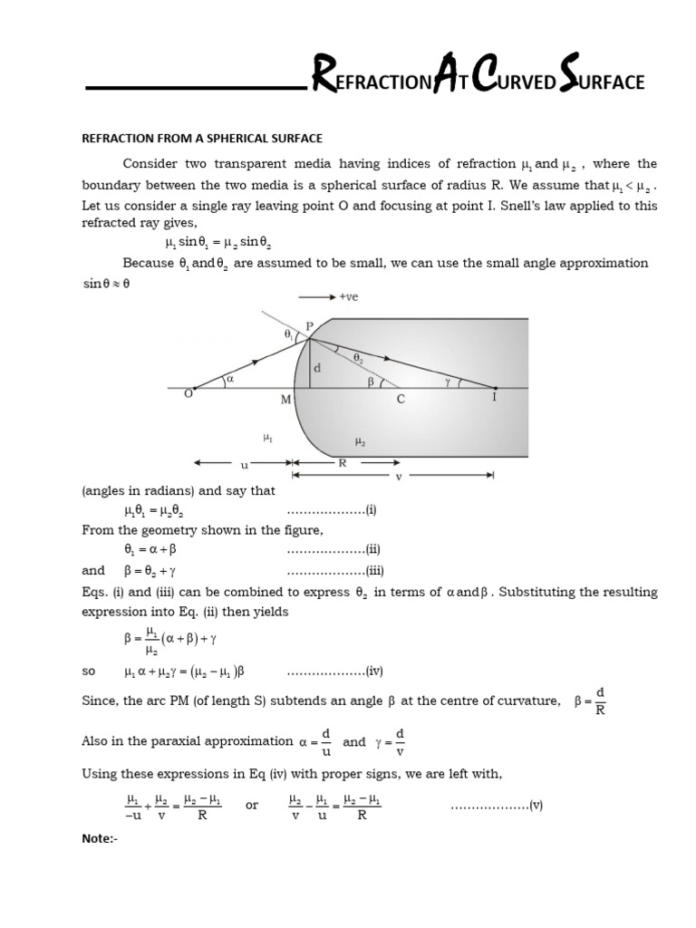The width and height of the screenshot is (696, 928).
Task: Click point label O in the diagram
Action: pos(188,392)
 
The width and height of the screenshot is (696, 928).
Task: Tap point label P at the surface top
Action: pos(310,327)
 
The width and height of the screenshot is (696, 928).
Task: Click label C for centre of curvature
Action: pos(401,399)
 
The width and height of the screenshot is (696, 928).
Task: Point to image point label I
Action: pos(494,397)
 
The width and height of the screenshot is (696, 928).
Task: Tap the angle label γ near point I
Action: pos(448,382)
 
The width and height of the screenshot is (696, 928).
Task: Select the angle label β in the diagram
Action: pos(371,382)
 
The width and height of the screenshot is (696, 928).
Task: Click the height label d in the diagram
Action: pos(316,369)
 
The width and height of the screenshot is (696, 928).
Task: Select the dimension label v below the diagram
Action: pos(399,475)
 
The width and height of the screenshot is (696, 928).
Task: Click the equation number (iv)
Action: pos(373,672)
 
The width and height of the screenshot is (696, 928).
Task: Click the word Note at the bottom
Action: pos(98,838)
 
